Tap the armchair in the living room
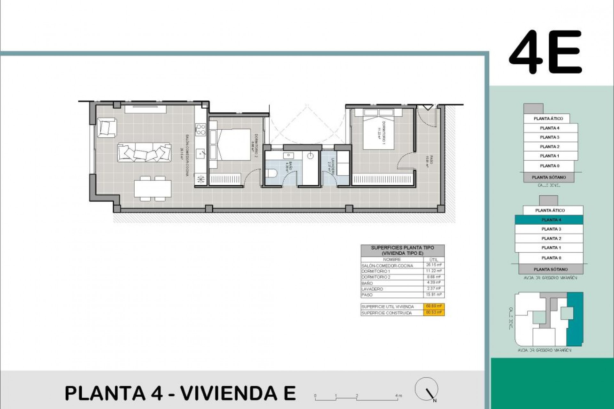pyautogui.click(x=106, y=127)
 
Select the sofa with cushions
pyautogui.click(x=144, y=152)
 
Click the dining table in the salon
pyautogui.click(x=153, y=189)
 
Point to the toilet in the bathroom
pyautogui.click(x=273, y=173)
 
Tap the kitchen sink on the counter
pyautogui.click(x=201, y=153)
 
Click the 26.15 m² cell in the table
pyautogui.click(x=434, y=265)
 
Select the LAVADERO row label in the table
pyautogui.click(x=372, y=289)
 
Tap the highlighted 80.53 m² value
pyautogui.click(x=434, y=313)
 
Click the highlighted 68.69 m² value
pyautogui.click(x=434, y=306)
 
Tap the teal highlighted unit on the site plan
pyautogui.click(x=575, y=319)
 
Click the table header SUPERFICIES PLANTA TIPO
pyautogui.click(x=402, y=248)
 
